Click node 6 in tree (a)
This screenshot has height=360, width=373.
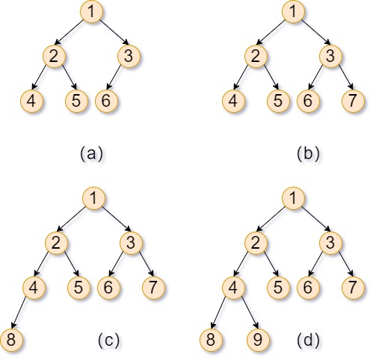click(x=106, y=101)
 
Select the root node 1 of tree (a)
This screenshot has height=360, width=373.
click(x=91, y=12)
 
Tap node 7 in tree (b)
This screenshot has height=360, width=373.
click(x=353, y=101)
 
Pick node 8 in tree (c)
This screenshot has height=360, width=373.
click(x=11, y=340)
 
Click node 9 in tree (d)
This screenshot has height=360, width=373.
click(x=258, y=340)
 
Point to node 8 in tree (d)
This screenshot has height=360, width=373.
click(x=211, y=340)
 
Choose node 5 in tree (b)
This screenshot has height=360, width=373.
click(x=278, y=101)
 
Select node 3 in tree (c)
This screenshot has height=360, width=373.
click(x=131, y=243)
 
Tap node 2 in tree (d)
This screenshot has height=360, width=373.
click(x=256, y=243)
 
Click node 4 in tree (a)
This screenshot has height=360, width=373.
click(x=31, y=101)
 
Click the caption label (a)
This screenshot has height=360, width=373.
click(x=91, y=154)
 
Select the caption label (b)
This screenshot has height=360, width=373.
click(x=308, y=154)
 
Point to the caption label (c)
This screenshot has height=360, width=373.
click(x=108, y=340)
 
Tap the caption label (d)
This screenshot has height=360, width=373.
click(x=308, y=340)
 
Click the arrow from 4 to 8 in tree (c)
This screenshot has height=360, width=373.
click(x=19, y=312)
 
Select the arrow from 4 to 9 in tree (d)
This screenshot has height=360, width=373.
click(x=250, y=312)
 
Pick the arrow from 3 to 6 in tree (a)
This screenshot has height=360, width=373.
click(x=114, y=77)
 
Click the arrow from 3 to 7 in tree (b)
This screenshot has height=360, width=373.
click(x=346, y=77)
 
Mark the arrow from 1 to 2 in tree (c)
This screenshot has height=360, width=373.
click(x=72, y=219)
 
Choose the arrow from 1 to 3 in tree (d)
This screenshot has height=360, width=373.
click(x=315, y=219)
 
